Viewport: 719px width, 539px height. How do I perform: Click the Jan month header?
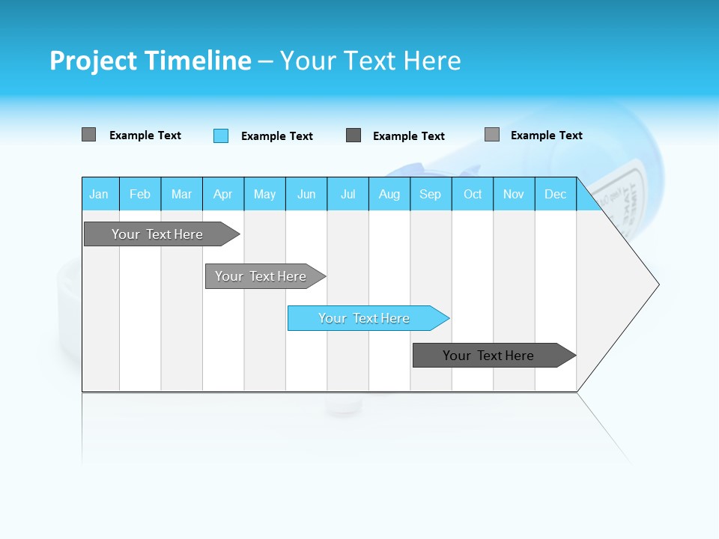[100, 194]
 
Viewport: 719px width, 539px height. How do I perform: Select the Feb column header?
[140, 194]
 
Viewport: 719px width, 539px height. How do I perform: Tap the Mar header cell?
[181, 194]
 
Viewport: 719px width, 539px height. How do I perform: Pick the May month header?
[264, 194]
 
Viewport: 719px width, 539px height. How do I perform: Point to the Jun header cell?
[306, 194]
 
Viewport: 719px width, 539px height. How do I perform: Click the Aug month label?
[389, 194]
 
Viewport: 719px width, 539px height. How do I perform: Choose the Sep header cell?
[430, 194]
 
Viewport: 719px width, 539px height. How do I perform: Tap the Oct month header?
[473, 194]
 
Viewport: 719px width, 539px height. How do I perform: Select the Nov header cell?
[514, 194]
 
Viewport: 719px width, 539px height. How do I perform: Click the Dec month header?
[555, 194]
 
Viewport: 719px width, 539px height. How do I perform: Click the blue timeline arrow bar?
[364, 318]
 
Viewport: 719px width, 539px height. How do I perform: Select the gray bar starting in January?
[157, 234]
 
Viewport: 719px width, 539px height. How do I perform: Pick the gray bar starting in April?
[261, 276]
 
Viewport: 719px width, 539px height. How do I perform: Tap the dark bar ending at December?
[488, 356]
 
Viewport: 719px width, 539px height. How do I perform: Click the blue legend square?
[221, 135]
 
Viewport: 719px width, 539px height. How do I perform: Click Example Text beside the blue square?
[276, 136]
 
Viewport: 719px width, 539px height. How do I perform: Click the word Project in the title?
[94, 61]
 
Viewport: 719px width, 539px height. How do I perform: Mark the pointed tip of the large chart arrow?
[658, 284]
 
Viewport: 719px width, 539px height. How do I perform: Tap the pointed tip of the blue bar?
[449, 318]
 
